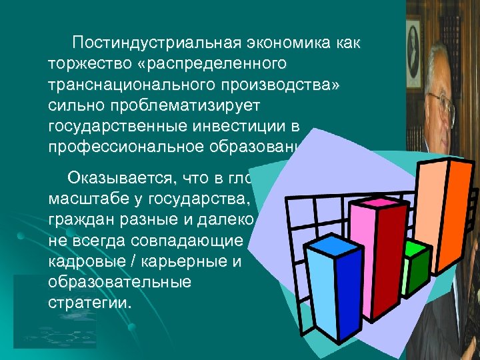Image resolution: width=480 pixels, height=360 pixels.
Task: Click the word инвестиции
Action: [253, 128]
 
